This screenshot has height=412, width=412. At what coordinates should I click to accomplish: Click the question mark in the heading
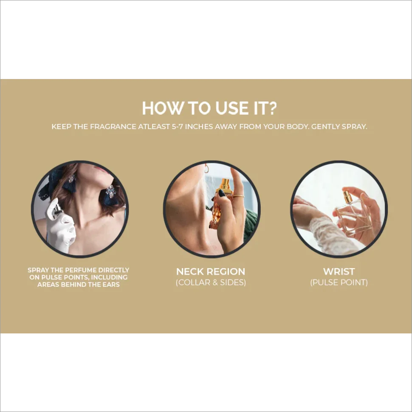272,108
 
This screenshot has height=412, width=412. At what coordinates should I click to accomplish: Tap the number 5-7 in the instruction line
178,127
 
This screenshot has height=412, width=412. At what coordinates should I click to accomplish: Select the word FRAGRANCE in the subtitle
113,127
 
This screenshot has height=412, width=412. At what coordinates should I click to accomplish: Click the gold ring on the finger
239,196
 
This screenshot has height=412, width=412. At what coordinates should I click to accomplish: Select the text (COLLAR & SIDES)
211,282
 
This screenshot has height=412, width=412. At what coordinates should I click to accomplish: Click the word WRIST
339,271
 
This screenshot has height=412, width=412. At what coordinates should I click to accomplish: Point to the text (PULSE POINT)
339,282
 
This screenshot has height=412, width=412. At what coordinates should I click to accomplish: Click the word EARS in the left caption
111,285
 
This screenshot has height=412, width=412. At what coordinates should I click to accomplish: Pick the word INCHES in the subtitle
199,127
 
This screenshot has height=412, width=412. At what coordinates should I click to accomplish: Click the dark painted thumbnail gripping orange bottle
222,193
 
